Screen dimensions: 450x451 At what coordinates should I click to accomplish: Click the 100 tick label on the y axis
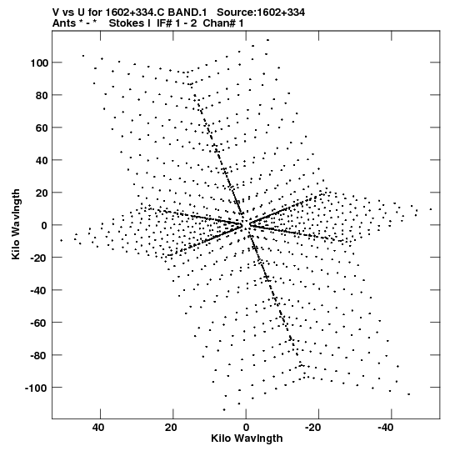pyautogui.click(x=39, y=63)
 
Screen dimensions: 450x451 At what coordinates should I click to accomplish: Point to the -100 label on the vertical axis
pyautogui.click(x=37, y=388)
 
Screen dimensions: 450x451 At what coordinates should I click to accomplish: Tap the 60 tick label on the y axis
pyautogui.click(x=42, y=128)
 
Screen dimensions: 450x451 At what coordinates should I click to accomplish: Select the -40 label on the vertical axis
pyautogui.click(x=39, y=290)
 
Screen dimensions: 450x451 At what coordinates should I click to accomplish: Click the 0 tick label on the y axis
pyautogui.click(x=44, y=225)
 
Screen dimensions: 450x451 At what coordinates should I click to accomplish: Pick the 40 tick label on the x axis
pyautogui.click(x=98, y=428)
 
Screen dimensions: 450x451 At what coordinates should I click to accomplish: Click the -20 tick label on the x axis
pyautogui.click(x=312, y=428)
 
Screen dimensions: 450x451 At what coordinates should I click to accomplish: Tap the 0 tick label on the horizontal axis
pyautogui.click(x=246, y=428)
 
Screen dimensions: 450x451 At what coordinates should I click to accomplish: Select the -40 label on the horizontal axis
pyautogui.click(x=385, y=428)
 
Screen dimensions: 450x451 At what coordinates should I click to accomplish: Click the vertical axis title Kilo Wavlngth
pyautogui.click(x=16, y=224)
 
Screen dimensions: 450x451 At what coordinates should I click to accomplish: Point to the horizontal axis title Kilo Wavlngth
pyautogui.click(x=247, y=438)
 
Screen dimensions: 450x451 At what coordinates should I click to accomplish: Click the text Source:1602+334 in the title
pyautogui.click(x=261, y=13)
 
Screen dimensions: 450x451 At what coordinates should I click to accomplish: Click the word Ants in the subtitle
pyautogui.click(x=64, y=23)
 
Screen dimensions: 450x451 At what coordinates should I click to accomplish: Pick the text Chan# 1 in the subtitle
pyautogui.click(x=223, y=23)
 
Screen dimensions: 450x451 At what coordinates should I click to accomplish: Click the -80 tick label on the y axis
pyautogui.click(x=39, y=355)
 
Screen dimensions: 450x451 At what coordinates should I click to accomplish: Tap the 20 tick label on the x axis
pyautogui.click(x=171, y=428)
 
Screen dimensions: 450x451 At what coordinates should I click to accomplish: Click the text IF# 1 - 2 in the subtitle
pyautogui.click(x=177, y=23)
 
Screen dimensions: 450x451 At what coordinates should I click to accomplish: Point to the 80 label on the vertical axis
pyautogui.click(x=42, y=95)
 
